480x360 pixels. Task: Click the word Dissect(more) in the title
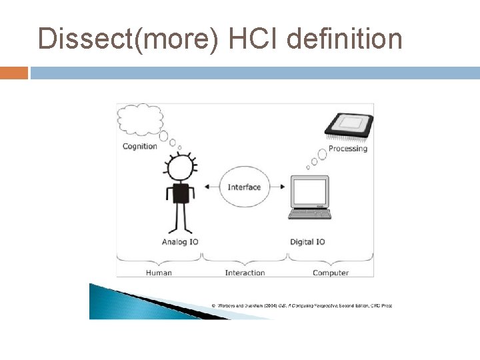click(129, 39)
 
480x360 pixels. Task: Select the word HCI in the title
click(253, 39)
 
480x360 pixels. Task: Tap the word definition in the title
click(344, 39)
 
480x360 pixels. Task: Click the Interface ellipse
click(244, 187)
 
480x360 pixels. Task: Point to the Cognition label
click(140, 146)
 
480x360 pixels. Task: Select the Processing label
click(347, 149)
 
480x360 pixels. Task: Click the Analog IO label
click(180, 241)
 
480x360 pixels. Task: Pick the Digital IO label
click(307, 241)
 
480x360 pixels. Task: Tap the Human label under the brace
click(159, 272)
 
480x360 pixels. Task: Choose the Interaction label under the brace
click(245, 272)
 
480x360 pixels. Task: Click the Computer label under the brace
click(331, 272)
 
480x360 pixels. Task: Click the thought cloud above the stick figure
click(140, 121)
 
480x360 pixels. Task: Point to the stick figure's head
click(179, 168)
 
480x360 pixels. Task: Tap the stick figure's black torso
click(180, 194)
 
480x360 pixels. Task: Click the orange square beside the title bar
click(14, 73)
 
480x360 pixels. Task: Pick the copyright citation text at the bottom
click(301, 305)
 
